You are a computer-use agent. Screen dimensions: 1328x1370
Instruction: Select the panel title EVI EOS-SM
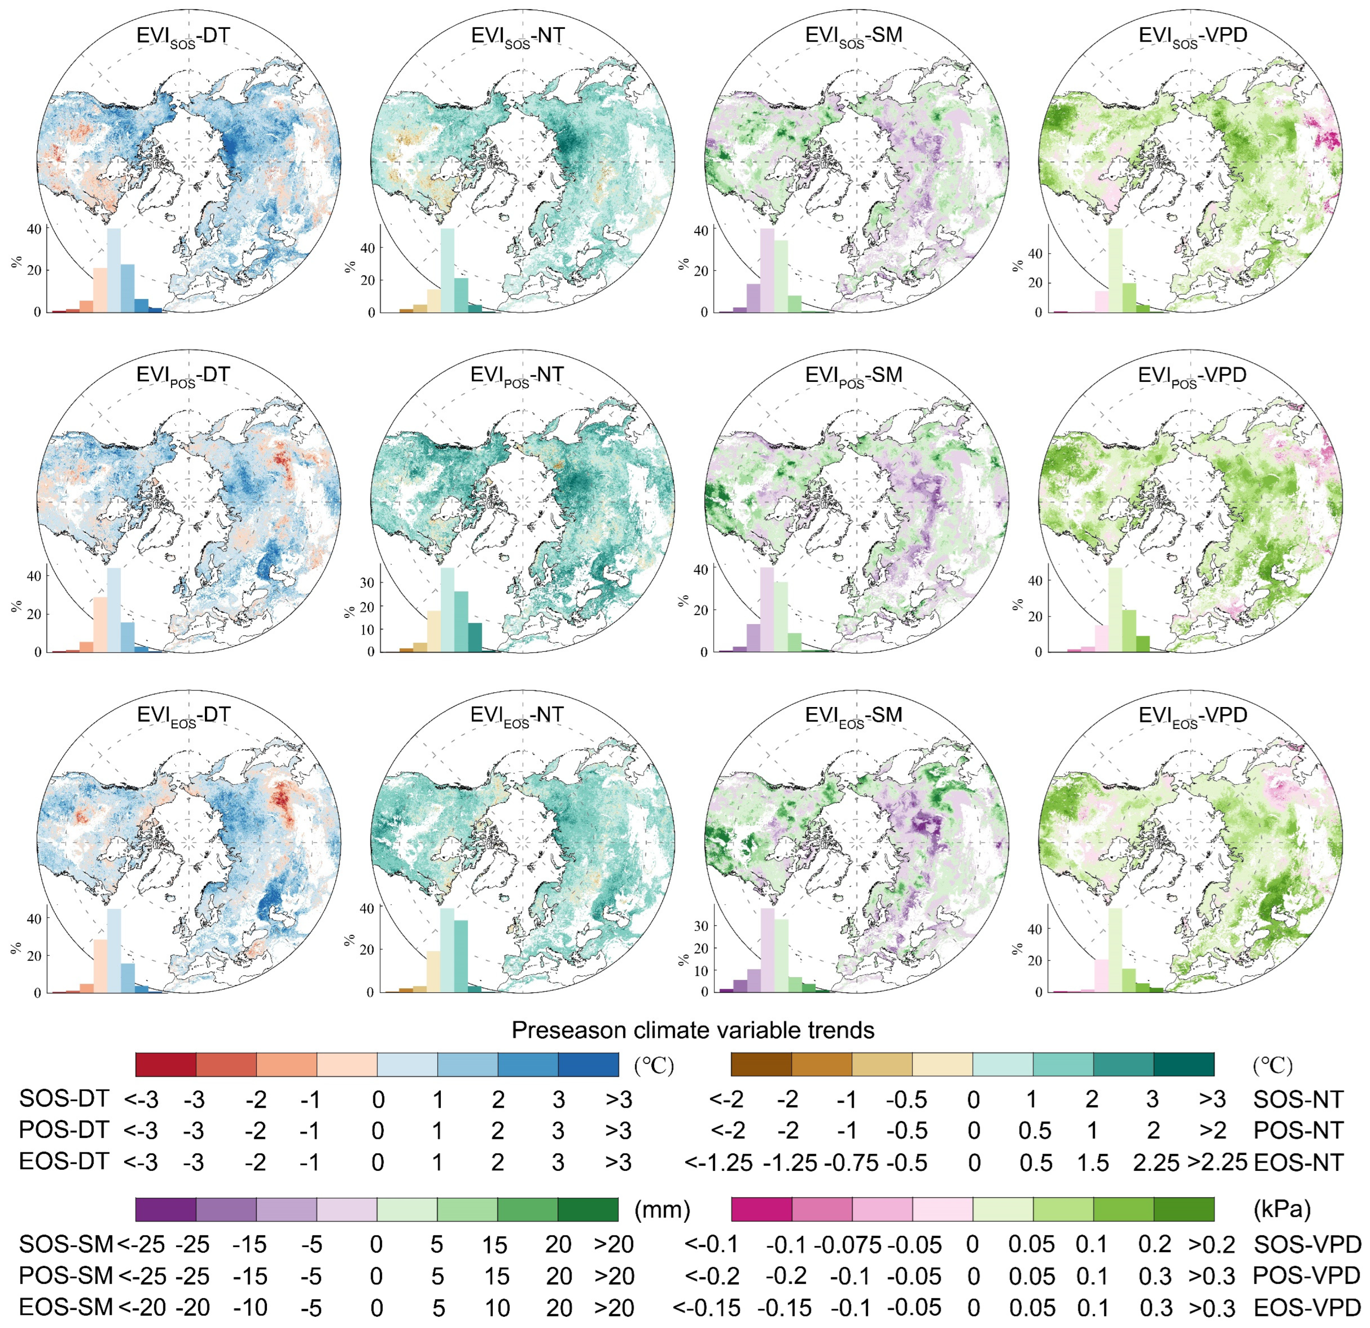pos(853,715)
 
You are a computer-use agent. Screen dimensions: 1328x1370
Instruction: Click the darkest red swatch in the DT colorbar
pos(166,1065)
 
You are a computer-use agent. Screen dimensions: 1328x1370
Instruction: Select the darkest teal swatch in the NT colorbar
pos(1183,1065)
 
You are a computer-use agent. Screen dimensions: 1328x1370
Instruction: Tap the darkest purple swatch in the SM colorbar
pos(166,1209)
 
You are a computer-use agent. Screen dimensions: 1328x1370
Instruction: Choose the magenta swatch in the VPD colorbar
pos(761,1209)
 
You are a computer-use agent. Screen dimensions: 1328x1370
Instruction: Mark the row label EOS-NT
pos(1299,1163)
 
